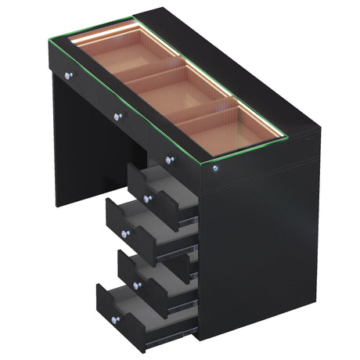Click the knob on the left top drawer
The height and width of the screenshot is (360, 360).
pyautogui.click(x=68, y=76)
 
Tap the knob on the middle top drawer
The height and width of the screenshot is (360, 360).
pyautogui.click(x=118, y=117)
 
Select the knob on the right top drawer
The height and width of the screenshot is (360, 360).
pyautogui.click(x=170, y=160)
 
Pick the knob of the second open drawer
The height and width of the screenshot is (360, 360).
pyautogui.click(x=124, y=234)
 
